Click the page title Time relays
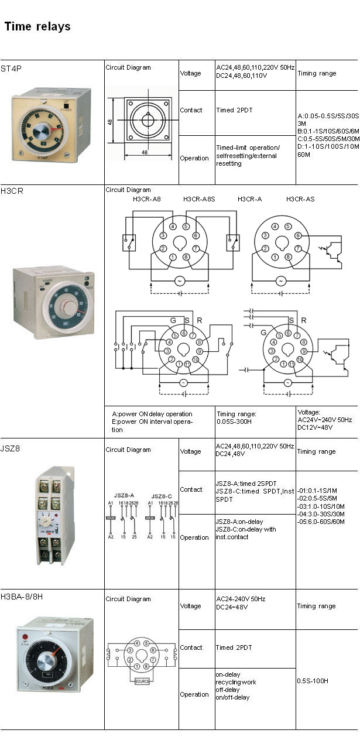37,26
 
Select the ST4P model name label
11,68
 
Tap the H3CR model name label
12,191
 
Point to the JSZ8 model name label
11,448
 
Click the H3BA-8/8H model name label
23,598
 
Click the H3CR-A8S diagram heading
199,199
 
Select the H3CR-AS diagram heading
300,199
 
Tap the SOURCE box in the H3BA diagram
142,681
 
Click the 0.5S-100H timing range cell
313,681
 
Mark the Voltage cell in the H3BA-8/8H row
190,606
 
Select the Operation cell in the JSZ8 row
194,537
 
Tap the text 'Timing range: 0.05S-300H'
237,417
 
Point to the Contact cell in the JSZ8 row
191,489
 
